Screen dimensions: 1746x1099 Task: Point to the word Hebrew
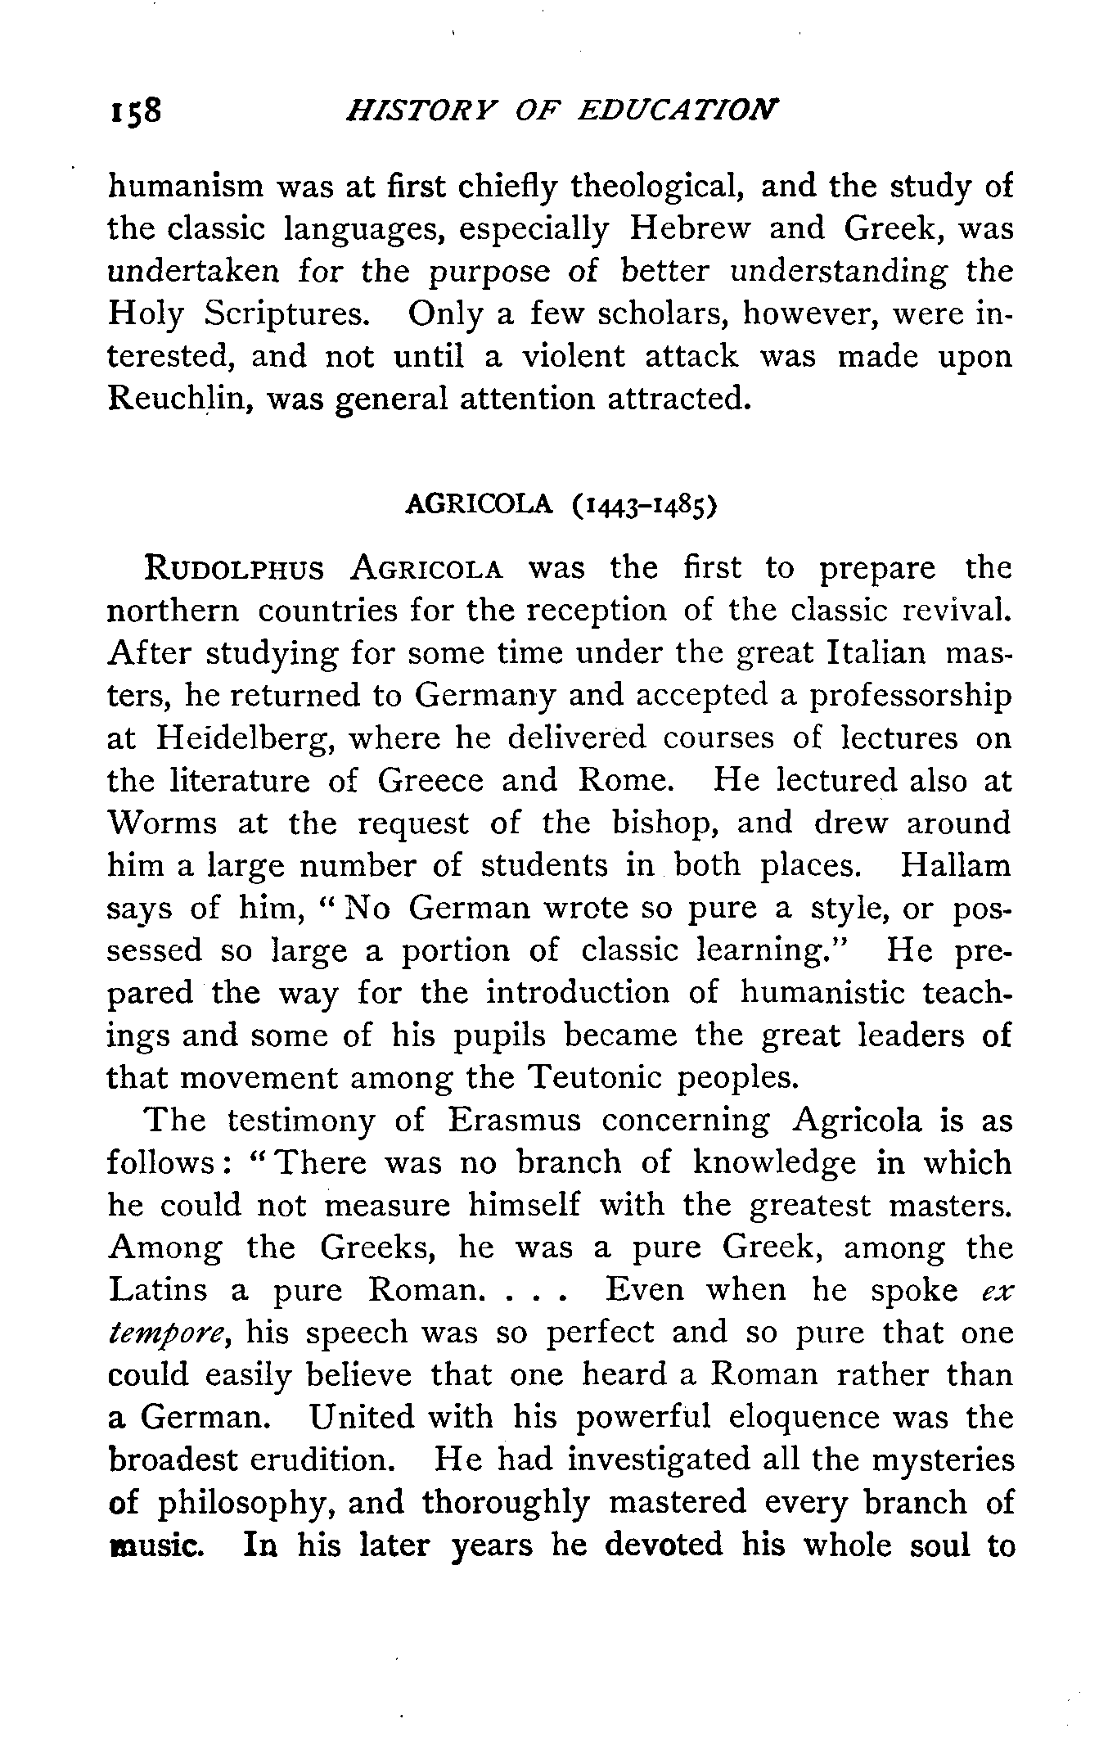[x=688, y=229]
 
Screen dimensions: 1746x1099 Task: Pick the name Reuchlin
[x=167, y=399]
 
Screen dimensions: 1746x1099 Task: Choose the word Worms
[x=162, y=823]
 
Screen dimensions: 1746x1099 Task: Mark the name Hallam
[x=955, y=866]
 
